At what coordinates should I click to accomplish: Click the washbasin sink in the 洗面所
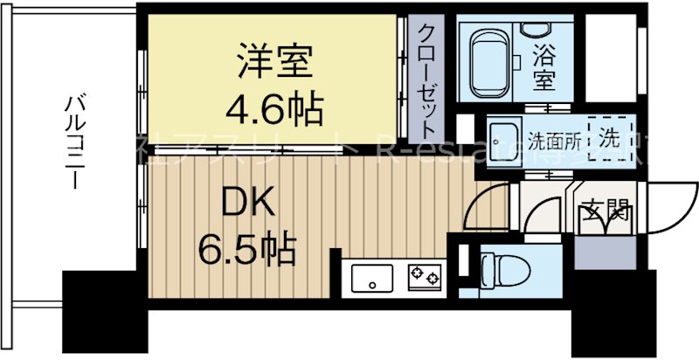pyautogui.click(x=502, y=138)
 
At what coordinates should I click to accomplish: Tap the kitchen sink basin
pyautogui.click(x=373, y=279)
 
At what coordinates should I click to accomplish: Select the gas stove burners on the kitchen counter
pyautogui.click(x=424, y=278)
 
